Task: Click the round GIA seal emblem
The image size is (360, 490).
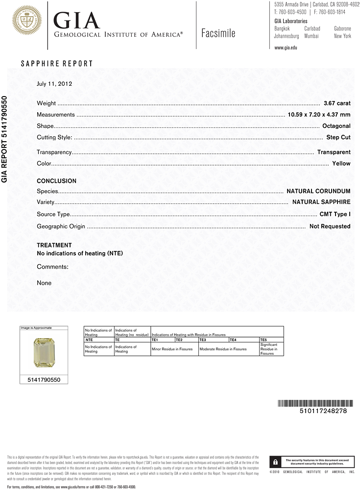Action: point(27,21)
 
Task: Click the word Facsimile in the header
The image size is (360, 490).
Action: point(218,33)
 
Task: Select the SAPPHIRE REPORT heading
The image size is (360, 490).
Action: point(57,64)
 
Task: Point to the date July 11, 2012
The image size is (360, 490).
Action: point(54,84)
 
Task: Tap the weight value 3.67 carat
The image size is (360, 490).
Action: point(337,103)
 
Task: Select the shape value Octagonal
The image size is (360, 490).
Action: point(336,126)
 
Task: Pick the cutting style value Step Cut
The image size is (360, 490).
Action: point(338,137)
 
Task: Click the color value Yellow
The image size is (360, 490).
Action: point(341,164)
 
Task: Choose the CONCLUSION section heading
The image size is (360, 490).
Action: point(56,181)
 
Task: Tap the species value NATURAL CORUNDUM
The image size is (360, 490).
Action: point(318,191)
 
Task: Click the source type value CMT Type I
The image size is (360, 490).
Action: point(335,214)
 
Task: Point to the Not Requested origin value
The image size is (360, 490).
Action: point(330,226)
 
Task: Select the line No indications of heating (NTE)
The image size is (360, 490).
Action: point(80,253)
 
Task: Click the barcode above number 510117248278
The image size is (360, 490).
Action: point(312,403)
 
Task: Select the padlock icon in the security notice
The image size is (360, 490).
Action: point(276,462)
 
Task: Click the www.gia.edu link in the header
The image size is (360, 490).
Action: point(286,48)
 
